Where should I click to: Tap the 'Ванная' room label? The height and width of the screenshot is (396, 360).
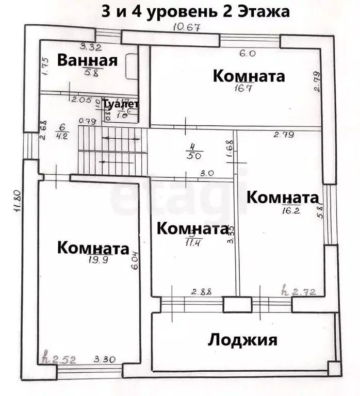coord(87,60)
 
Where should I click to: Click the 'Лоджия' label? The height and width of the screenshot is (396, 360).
coord(242,340)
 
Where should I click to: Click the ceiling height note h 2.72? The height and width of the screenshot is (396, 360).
coord(300,292)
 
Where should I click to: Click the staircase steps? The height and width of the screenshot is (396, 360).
coord(109,153)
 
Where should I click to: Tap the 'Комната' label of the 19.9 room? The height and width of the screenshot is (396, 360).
coord(93,248)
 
